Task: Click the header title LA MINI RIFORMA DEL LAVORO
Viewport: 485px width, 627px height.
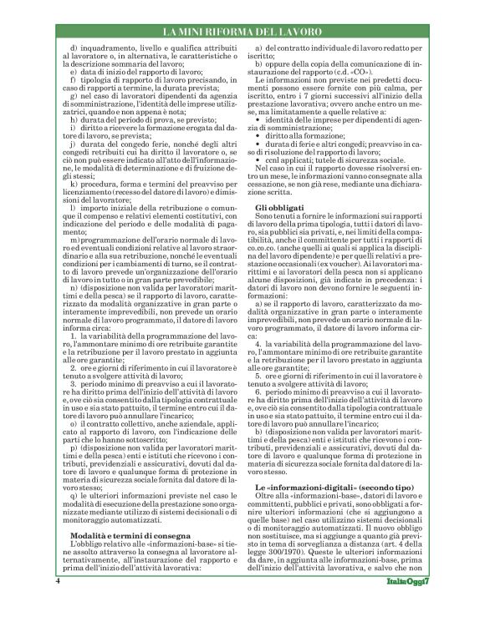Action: [242, 32]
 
